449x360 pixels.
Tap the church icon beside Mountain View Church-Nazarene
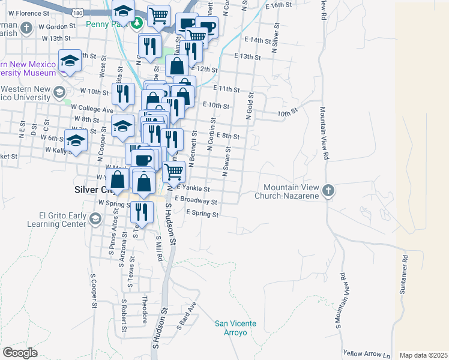(x=328, y=191)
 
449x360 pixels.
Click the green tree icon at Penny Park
(x=138, y=23)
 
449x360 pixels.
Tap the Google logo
(x=20, y=353)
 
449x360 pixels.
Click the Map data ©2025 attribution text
(x=423, y=355)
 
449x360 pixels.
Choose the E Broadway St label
(x=196, y=201)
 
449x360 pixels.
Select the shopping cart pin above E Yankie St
(x=173, y=171)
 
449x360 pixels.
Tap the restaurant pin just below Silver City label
(x=142, y=212)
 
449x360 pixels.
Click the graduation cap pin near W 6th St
(x=76, y=141)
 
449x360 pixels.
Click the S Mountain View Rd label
(x=341, y=300)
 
